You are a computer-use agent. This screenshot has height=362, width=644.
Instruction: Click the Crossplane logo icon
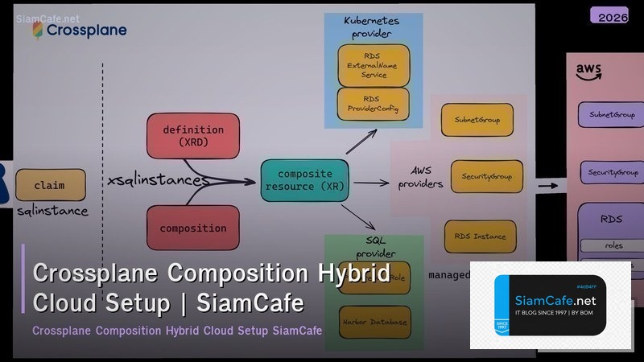pos(37,30)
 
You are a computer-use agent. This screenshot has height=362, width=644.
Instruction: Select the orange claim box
pos(50,185)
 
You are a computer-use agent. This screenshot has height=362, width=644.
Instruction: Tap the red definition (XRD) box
pos(193,135)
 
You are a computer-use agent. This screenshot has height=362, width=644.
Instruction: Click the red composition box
pos(193,228)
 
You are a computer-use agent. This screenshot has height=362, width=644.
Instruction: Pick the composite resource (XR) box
pos(304,181)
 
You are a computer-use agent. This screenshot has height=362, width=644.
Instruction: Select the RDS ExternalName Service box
pos(374,65)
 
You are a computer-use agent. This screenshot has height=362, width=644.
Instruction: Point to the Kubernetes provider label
pos(373,26)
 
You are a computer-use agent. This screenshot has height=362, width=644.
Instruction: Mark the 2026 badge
pos(609,15)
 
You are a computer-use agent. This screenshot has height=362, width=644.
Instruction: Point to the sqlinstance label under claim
pos(52,212)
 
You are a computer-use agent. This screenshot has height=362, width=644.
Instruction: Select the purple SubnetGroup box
pos(611,114)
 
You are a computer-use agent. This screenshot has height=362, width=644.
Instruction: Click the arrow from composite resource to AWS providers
pos(370,183)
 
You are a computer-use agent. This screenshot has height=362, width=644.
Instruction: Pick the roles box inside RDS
pos(613,245)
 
